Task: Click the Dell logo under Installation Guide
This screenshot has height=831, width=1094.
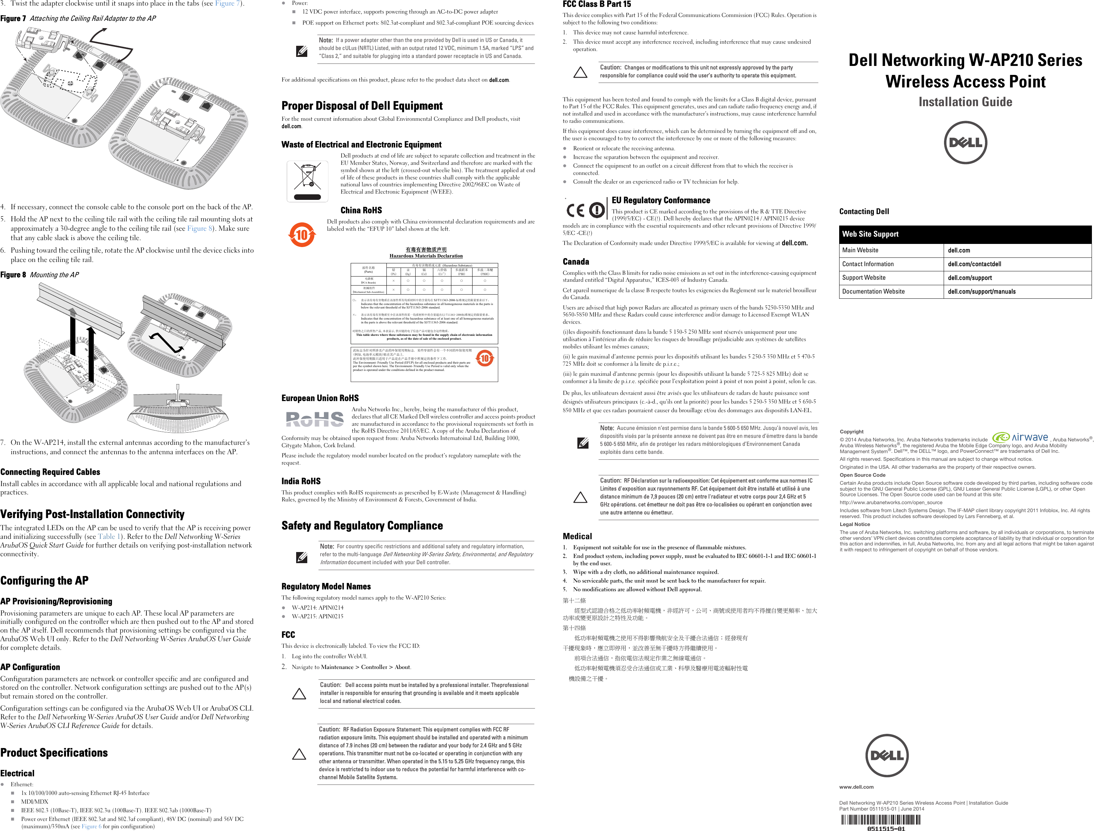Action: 965,143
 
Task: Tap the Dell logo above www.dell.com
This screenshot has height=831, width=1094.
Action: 887,755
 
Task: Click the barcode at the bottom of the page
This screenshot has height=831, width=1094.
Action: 880,821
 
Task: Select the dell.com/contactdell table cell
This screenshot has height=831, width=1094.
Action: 1017,264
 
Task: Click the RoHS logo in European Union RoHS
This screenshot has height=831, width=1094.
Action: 315,419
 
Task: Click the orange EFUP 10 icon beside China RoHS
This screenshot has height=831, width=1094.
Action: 301,235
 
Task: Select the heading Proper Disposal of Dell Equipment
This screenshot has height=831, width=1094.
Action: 362,106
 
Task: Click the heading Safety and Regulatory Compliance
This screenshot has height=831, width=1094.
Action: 362,526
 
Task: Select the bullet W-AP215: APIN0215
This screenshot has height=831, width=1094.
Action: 317,616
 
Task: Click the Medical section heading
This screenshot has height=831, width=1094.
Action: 577,536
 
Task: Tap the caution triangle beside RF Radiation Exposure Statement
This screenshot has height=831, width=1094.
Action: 299,754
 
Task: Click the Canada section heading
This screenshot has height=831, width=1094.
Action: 576,262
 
